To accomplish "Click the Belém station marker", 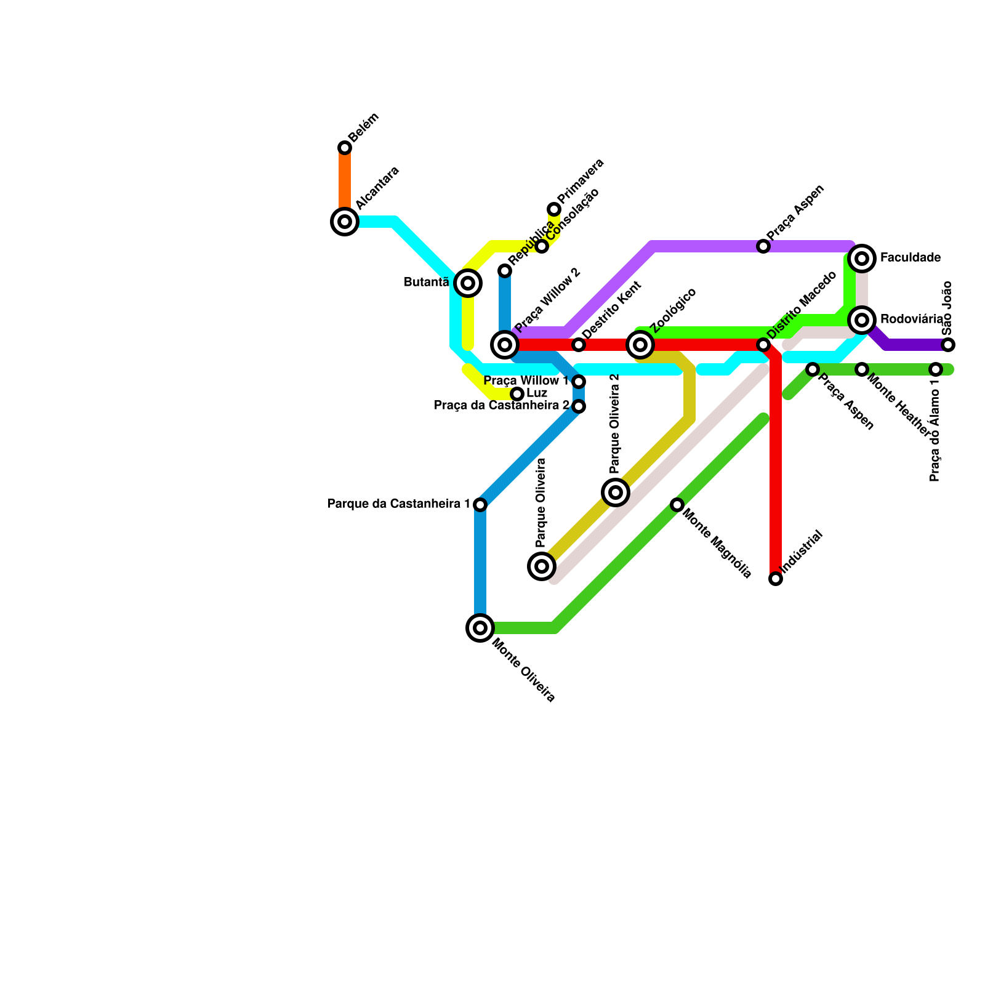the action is coord(345,148).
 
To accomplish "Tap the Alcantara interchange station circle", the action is coord(345,222).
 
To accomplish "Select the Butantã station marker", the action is coord(468,283).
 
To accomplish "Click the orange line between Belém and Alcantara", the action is coord(345,185).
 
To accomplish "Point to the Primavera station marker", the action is coord(554,209).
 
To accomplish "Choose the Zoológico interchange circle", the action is coord(640,345).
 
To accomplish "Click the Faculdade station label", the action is coord(910,258).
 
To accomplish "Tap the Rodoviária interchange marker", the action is coord(862,320).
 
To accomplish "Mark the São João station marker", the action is coord(948,345).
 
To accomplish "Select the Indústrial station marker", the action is coord(776,579).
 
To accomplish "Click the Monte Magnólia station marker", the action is coord(677,505).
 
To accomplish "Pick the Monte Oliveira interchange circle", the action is coord(480,628).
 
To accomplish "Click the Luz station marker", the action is coord(517,394).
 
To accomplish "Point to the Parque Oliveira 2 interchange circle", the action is coord(616,492).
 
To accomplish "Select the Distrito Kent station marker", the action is coord(579,345).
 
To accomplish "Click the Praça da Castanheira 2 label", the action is coord(502,406).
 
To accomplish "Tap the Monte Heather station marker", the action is coord(862,369).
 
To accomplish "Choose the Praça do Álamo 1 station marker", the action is coord(936,369).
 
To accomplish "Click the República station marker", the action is coord(505,271).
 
